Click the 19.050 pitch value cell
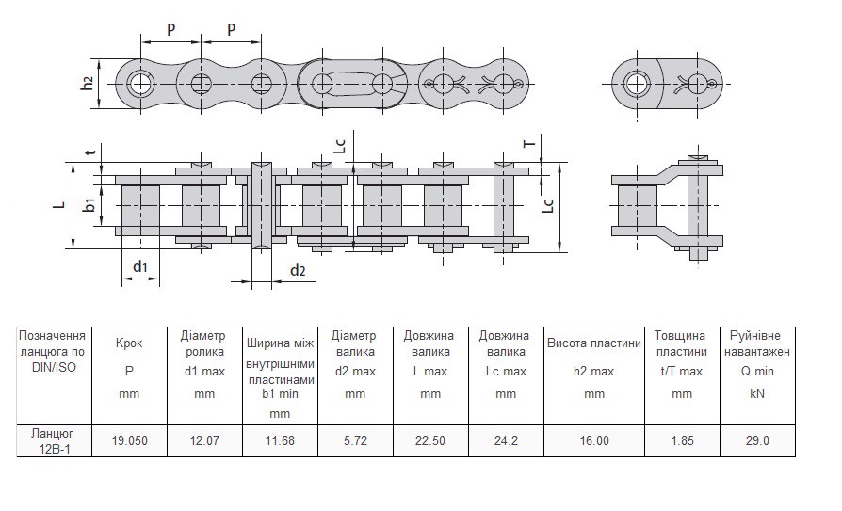pyautogui.click(x=129, y=440)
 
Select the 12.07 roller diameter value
pyautogui.click(x=204, y=440)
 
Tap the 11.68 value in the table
pyautogui.click(x=280, y=440)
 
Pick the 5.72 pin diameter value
pyautogui.click(x=355, y=440)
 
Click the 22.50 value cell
pyautogui.click(x=430, y=440)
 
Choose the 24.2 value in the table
pyautogui.click(x=506, y=440)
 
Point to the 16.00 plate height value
pyautogui.click(x=594, y=440)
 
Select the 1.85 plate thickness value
pyautogui.click(x=682, y=440)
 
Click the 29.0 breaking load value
pyautogui.click(x=757, y=440)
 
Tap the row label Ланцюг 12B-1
pyautogui.click(x=53, y=440)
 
